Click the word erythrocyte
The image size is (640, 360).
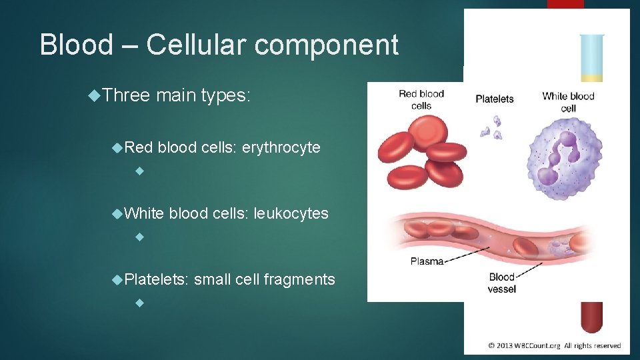pos(281,147)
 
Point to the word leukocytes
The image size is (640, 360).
pos(291,213)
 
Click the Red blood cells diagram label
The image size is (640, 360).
pos(421,99)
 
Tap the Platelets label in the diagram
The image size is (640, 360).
pos(494,99)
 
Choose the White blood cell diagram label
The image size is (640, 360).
pos(567,101)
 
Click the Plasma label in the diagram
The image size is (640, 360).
pos(427,261)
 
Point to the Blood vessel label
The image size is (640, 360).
pos(501,283)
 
